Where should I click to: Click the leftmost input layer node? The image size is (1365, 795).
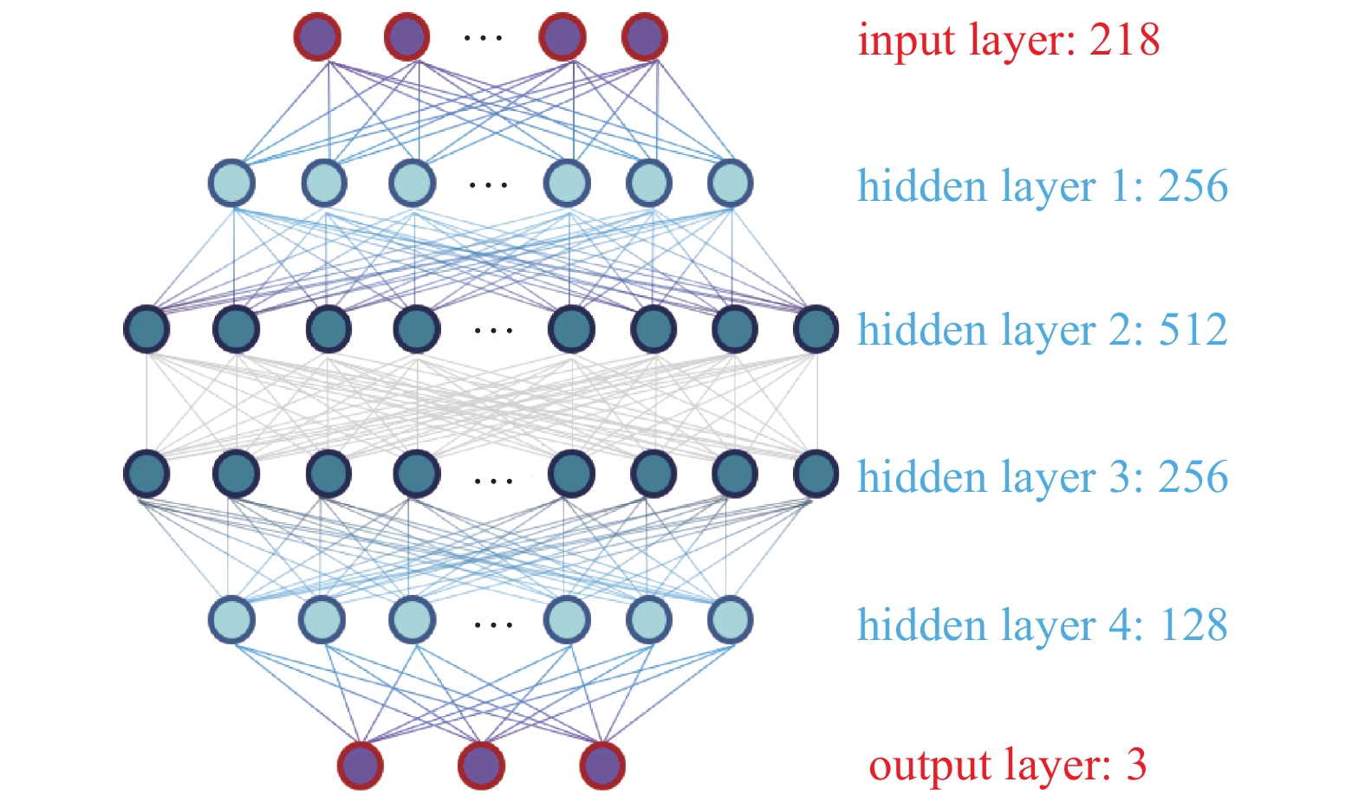(317, 36)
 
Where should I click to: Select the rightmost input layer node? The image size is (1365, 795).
(645, 36)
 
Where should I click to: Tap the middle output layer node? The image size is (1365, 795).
(481, 766)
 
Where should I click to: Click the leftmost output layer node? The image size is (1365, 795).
(361, 766)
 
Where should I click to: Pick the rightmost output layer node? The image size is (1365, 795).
(602, 766)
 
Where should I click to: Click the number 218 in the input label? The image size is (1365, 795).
(1124, 40)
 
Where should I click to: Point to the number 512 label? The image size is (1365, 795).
(1193, 330)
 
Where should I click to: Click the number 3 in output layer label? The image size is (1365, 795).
(1136, 765)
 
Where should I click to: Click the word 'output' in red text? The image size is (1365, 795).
(930, 766)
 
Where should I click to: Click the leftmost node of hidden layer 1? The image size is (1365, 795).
(232, 184)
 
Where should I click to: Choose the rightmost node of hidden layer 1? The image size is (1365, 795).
(730, 184)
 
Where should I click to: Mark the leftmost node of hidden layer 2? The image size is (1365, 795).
(147, 329)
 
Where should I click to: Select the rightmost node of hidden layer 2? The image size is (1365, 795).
(816, 329)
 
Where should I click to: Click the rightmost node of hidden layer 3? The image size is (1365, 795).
(816, 474)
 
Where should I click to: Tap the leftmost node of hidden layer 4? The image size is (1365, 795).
(232, 619)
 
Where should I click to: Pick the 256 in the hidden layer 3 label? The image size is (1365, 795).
(1193, 477)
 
